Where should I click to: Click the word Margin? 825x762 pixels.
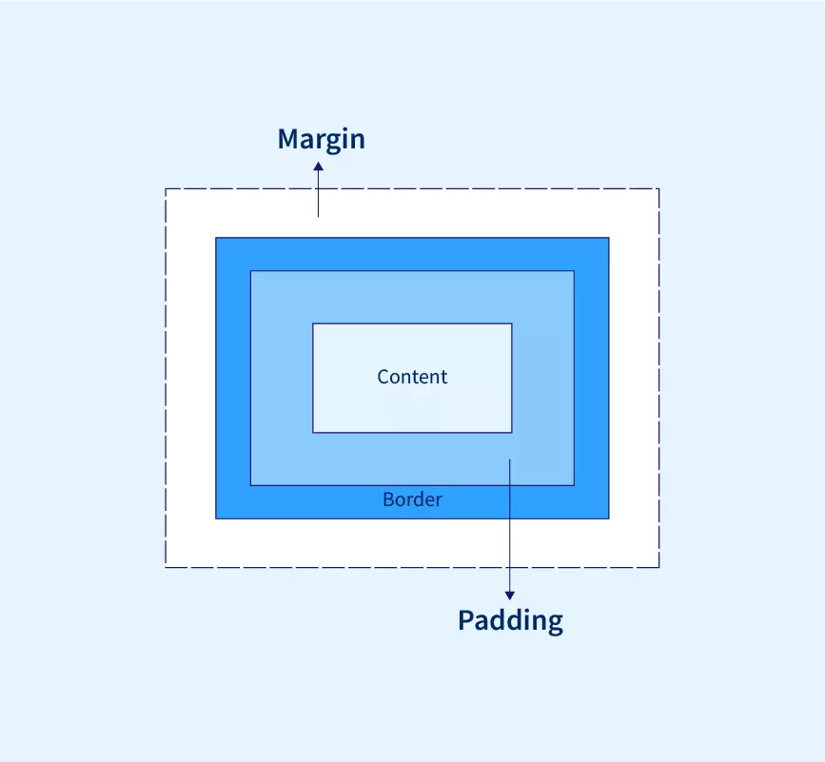[x=321, y=139]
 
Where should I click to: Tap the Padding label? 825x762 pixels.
[x=510, y=620]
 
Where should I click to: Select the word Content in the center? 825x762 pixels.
[x=412, y=377]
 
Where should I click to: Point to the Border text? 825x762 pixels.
[x=412, y=499]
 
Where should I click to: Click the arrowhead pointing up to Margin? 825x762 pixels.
[x=319, y=166]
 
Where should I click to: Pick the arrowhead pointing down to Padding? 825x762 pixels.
[x=510, y=596]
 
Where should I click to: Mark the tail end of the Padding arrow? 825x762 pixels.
[x=510, y=459]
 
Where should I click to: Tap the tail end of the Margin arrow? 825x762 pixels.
[x=319, y=216]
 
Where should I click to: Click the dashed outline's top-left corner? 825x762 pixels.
[x=166, y=188]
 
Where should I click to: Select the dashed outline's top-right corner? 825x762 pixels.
[x=658, y=188]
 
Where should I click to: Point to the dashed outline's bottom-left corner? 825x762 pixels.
[x=166, y=567]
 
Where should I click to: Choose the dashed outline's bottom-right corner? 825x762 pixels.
[x=658, y=567]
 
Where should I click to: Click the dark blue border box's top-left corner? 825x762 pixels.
[x=216, y=238]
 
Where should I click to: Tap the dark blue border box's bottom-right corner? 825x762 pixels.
[x=609, y=518]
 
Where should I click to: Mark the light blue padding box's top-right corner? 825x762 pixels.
[x=574, y=271]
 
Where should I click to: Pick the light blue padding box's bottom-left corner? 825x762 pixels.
[x=250, y=485]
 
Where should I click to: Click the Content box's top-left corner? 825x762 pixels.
[x=313, y=323]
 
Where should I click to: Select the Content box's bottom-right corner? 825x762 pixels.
[x=512, y=433]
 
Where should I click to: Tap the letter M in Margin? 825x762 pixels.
[x=288, y=139]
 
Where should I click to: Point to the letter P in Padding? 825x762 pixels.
[x=466, y=620]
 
